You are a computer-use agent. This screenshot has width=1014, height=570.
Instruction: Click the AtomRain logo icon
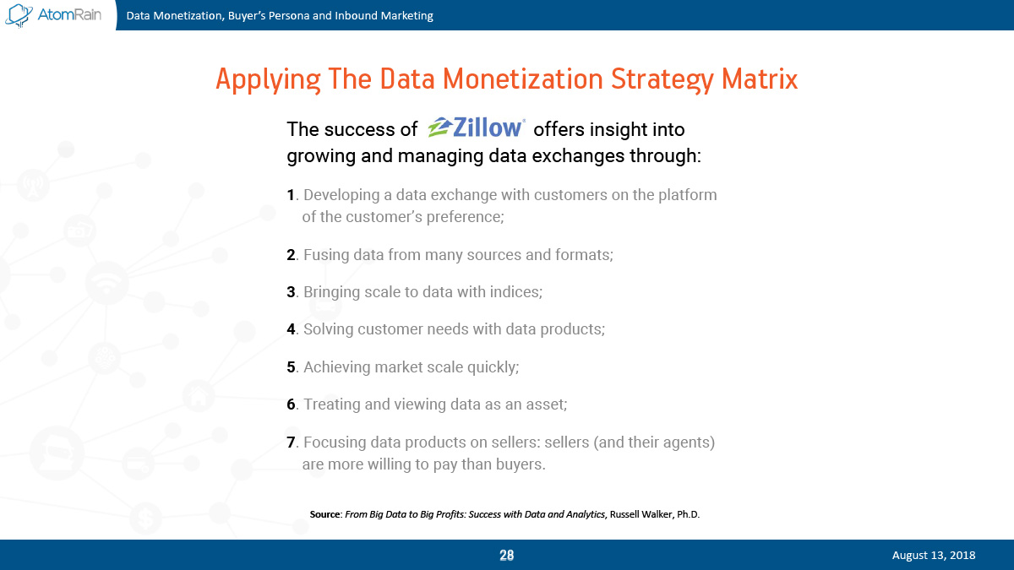(x=19, y=15)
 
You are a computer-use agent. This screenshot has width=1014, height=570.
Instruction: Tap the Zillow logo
(x=477, y=128)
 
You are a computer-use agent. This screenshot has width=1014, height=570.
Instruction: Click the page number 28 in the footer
(x=506, y=555)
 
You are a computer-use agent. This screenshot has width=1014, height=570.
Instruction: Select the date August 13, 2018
(x=934, y=555)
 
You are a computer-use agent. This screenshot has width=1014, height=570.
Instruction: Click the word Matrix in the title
(x=759, y=79)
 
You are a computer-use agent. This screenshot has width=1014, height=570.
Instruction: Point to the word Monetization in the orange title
(x=523, y=79)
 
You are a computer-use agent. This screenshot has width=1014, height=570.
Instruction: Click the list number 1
(x=291, y=195)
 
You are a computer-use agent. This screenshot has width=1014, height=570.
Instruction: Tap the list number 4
(x=291, y=328)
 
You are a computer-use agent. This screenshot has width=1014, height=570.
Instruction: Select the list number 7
(x=291, y=442)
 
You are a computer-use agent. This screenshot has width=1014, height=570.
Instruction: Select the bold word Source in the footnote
(x=325, y=514)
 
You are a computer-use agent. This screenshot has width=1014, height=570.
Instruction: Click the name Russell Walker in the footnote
(x=641, y=514)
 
